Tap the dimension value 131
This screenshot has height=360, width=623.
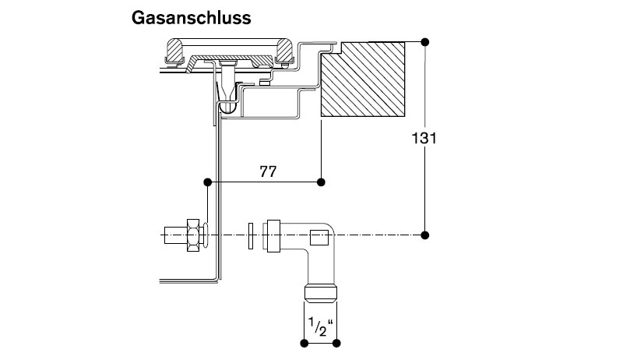[x=424, y=139]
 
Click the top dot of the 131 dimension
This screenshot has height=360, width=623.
[x=424, y=41]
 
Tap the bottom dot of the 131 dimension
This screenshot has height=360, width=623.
[x=424, y=235]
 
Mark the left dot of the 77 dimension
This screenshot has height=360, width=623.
[x=207, y=182]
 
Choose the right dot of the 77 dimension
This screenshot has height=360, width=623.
[x=322, y=182]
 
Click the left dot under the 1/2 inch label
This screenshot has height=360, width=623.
[x=303, y=341]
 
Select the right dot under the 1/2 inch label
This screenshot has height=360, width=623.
[x=336, y=341]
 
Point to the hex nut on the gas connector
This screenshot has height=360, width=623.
[x=191, y=235]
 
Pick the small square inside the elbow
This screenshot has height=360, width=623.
[x=319, y=238]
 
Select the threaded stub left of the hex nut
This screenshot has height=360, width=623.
[x=172, y=235]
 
